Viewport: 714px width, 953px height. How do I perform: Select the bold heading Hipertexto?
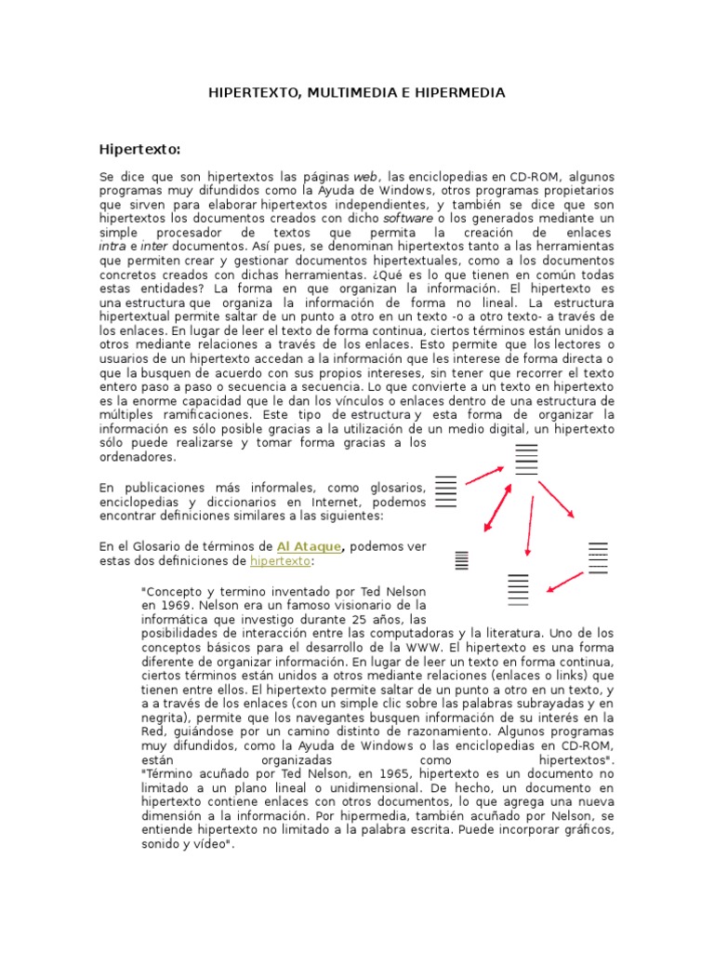pos(139,149)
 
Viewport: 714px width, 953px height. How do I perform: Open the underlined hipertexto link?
pos(281,562)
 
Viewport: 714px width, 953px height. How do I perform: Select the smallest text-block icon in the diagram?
pos(460,560)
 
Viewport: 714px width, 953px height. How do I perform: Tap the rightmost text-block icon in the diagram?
pos(598,557)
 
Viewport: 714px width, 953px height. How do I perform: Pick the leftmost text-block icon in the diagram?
pos(446,490)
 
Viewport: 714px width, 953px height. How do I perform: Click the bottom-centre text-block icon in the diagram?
pos(518,589)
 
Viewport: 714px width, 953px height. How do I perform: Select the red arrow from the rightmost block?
pos(565,582)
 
